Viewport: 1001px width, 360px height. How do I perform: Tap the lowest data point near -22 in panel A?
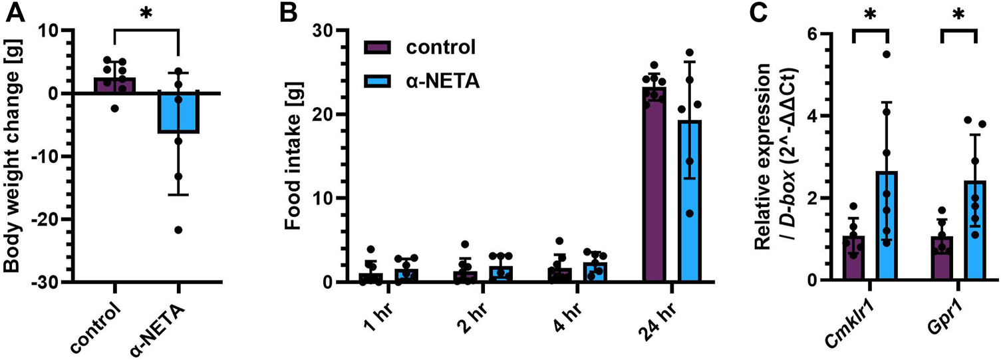(x=178, y=230)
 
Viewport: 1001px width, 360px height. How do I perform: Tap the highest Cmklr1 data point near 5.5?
(x=886, y=54)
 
